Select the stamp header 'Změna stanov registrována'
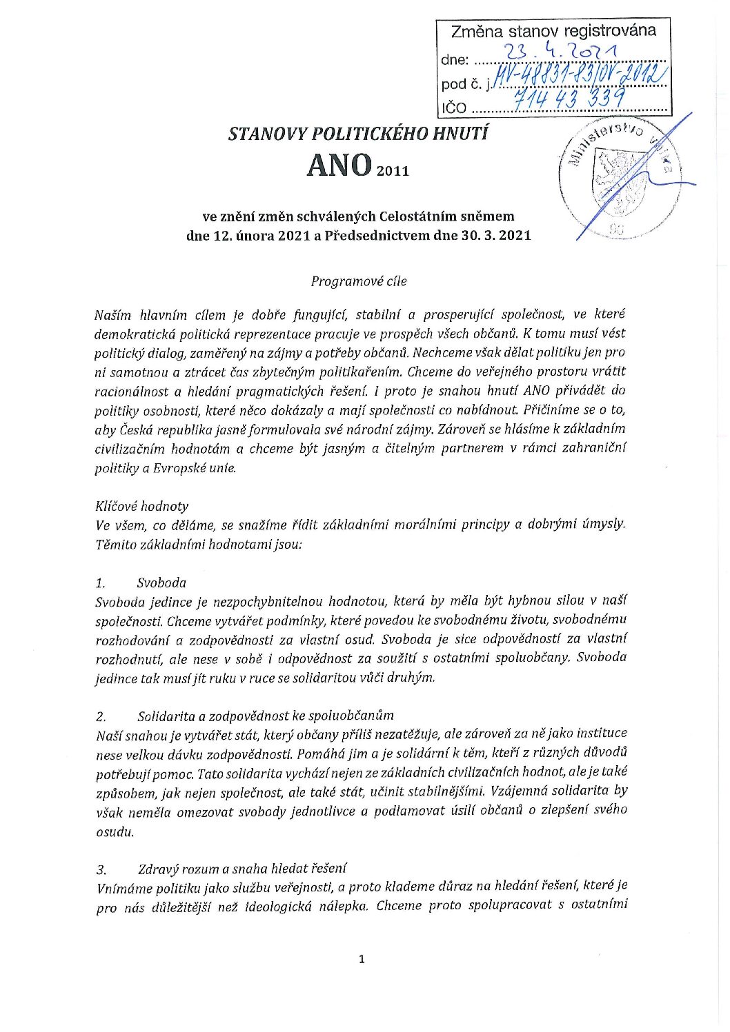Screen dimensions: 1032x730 tap(553, 31)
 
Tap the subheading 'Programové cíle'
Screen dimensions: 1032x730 tap(359, 281)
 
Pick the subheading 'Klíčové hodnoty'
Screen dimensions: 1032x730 tap(141, 506)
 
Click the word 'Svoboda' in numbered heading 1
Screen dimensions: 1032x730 tap(161, 583)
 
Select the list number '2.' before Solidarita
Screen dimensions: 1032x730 tap(101, 716)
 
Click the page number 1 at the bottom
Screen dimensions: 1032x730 tap(362, 959)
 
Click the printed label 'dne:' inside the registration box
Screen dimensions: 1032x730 tap(455, 60)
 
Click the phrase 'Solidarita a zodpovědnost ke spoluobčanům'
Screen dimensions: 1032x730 tap(266, 716)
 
